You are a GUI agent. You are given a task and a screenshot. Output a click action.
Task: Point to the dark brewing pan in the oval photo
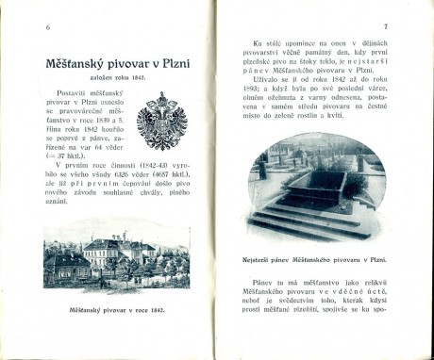point(313,185)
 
